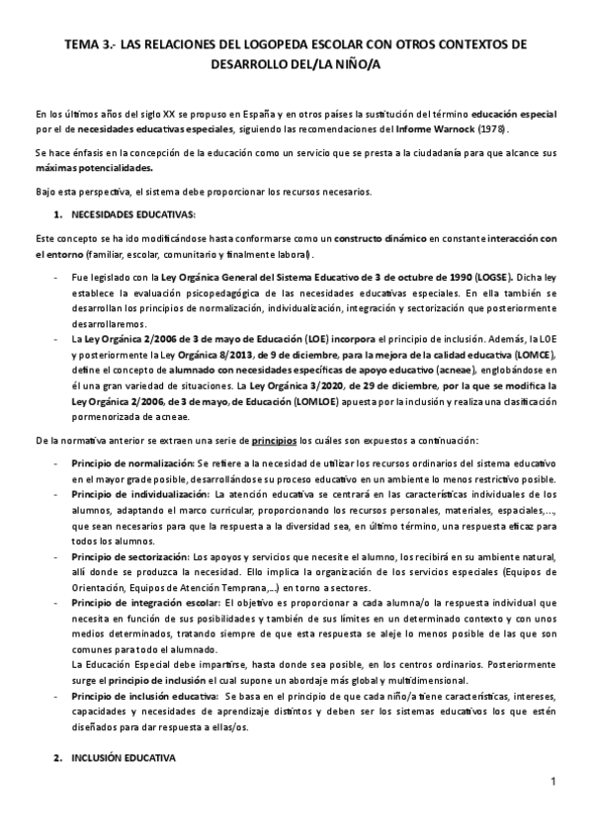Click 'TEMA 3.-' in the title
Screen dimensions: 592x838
[87, 45]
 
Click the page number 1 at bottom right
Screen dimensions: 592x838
[554, 784]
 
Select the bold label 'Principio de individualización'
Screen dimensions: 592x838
[139, 493]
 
